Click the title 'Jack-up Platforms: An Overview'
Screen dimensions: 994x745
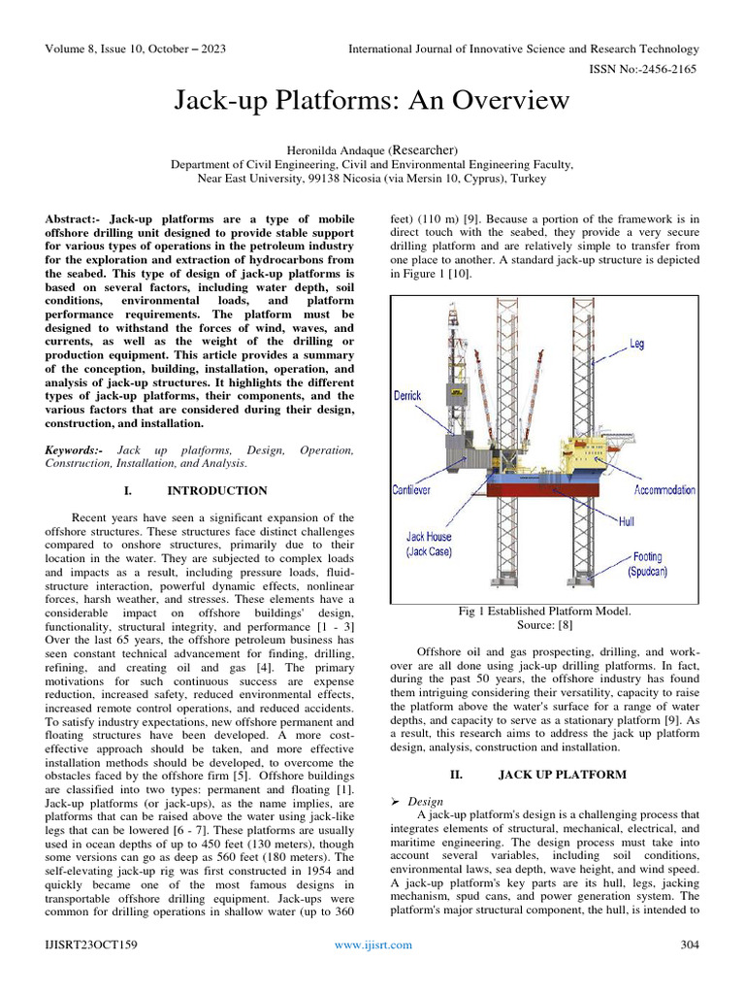coord(372,101)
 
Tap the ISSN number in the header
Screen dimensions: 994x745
coord(643,71)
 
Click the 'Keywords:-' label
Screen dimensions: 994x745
coord(78,450)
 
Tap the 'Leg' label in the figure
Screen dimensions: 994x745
coord(635,344)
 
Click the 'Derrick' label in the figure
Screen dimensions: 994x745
coord(408,396)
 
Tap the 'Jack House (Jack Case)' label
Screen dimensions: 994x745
coord(429,544)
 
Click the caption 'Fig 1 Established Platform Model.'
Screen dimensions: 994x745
coord(544,611)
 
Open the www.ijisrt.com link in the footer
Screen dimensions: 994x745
coord(372,944)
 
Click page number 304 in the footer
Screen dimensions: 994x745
coord(690,944)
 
